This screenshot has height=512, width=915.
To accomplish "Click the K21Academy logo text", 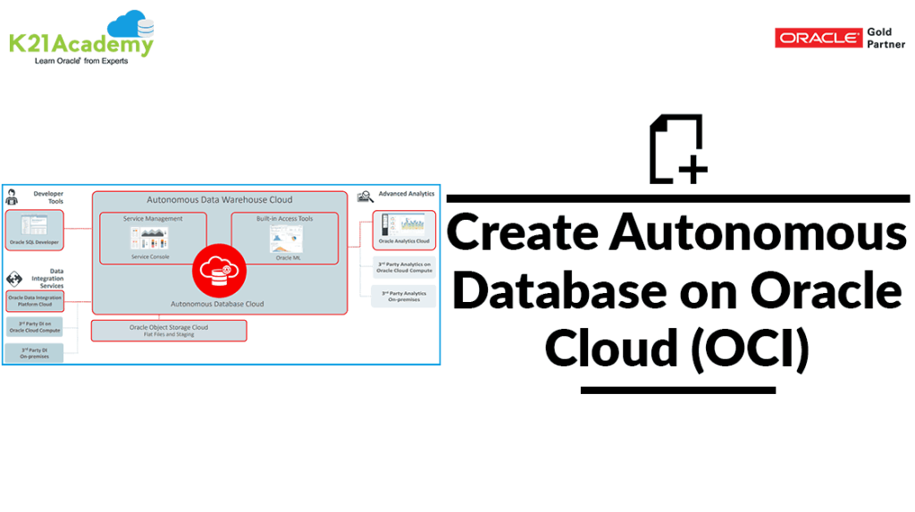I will click(x=80, y=44).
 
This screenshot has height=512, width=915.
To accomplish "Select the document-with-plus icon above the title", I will click(x=677, y=149).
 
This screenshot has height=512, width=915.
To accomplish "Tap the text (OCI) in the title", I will click(x=750, y=348).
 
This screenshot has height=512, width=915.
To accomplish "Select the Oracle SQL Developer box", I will click(x=34, y=230).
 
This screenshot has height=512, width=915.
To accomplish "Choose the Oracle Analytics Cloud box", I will click(x=404, y=230).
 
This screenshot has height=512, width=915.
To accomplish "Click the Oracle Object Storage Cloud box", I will click(x=169, y=331).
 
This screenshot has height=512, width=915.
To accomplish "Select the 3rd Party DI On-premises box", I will click(x=34, y=352).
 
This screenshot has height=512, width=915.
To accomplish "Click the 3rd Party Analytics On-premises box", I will click(x=404, y=296).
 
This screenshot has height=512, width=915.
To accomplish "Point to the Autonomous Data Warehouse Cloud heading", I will click(x=219, y=199).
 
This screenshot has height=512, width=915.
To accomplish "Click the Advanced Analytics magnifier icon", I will click(x=365, y=196).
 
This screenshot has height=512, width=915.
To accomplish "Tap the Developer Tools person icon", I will click(x=12, y=197).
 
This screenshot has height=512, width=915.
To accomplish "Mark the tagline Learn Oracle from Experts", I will click(x=81, y=61).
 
